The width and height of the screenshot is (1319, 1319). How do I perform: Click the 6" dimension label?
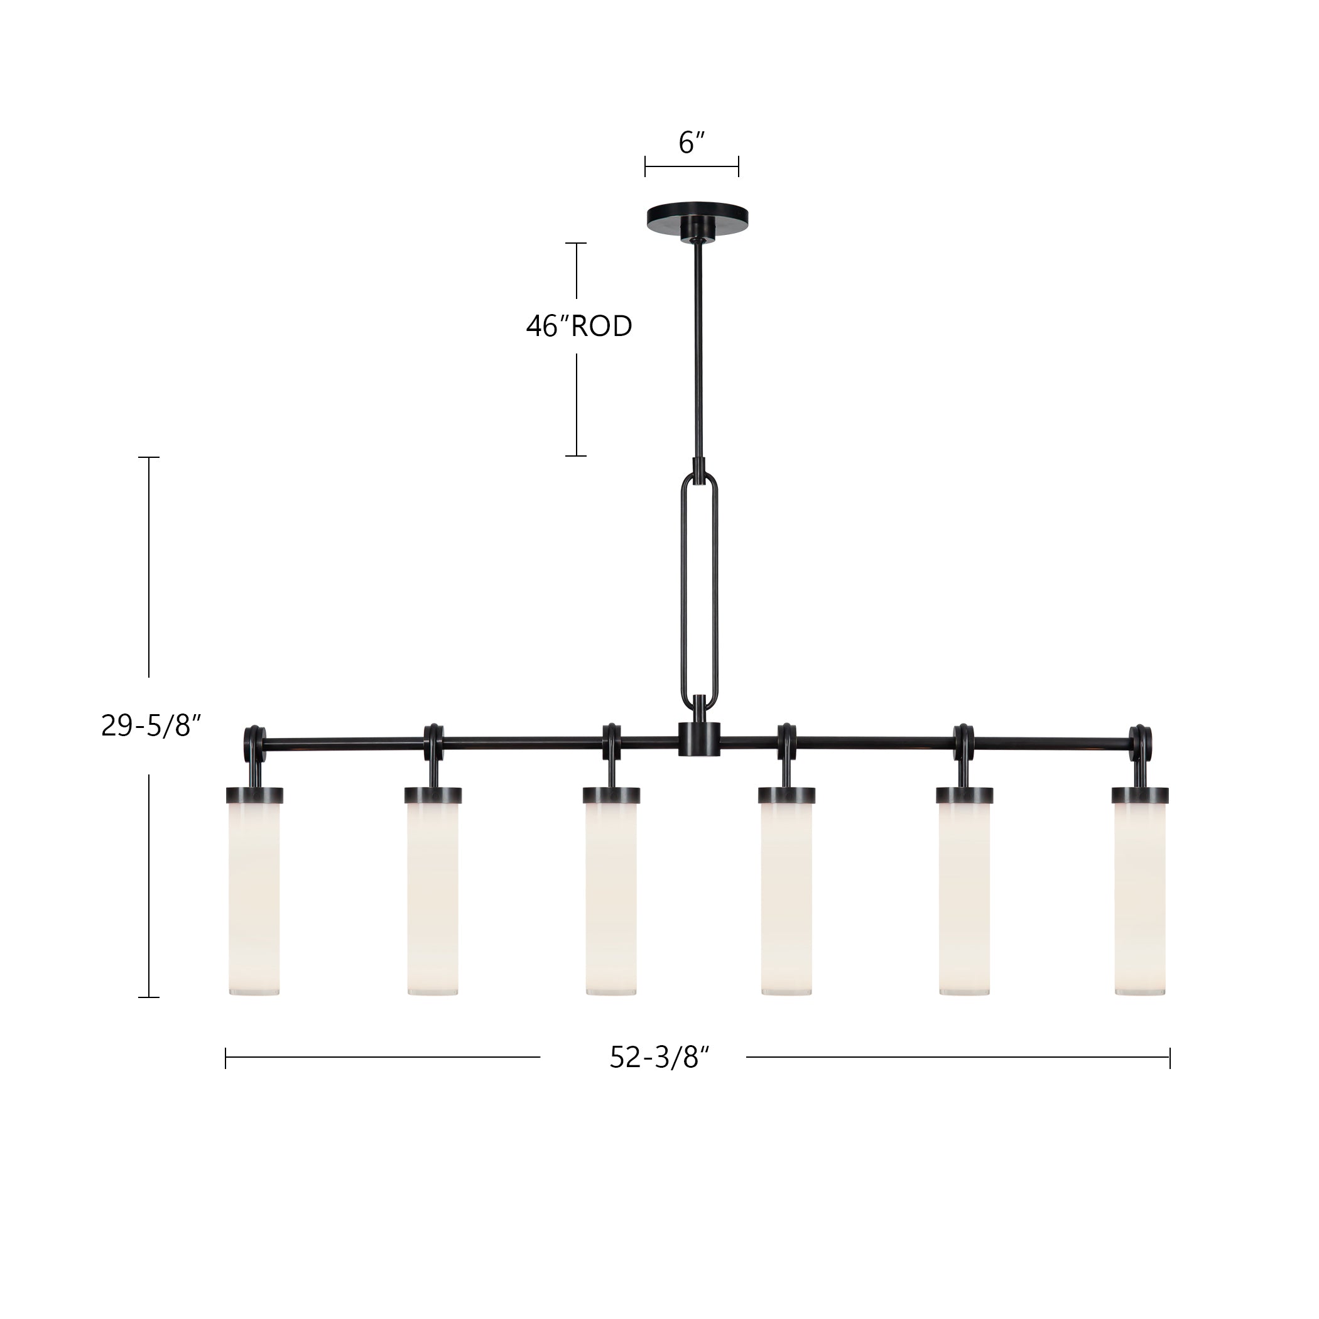click(691, 143)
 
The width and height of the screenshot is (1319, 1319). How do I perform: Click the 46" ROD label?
click(579, 327)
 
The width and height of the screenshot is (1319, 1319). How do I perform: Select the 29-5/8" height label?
click(152, 725)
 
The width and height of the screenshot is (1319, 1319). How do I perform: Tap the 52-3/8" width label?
click(660, 1058)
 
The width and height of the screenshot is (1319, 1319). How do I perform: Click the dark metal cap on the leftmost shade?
click(254, 795)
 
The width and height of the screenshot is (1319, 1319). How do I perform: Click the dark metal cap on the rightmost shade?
click(1140, 795)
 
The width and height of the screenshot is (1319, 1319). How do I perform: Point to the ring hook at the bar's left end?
click(254, 740)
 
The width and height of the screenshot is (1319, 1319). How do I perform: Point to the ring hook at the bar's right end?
click(1141, 740)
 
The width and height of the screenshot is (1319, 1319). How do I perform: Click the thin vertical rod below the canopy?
click(698, 348)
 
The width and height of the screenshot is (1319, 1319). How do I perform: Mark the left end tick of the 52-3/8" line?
click(225, 1058)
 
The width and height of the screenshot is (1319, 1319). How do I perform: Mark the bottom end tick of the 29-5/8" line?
click(149, 997)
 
